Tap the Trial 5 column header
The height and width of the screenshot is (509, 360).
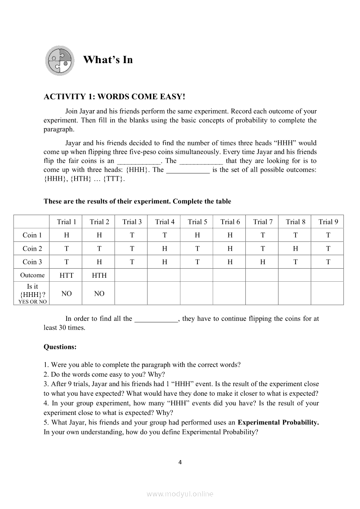[197, 222]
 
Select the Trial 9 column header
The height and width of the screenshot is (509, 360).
[328, 222]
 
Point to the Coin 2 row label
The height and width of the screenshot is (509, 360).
[32, 249]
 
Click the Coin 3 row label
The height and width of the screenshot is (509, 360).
[32, 262]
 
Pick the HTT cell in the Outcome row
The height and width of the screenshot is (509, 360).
[67, 275]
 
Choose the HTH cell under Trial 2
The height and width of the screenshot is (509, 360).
[99, 275]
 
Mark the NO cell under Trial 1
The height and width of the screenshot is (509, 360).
[67, 293]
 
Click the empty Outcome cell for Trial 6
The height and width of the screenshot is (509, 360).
[230, 275]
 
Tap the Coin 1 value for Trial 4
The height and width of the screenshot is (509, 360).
[165, 235]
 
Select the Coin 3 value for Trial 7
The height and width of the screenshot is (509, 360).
[263, 262]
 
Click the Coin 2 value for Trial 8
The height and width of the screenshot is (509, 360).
[295, 249]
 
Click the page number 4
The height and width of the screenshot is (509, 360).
[180, 462]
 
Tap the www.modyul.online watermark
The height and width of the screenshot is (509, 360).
[180, 494]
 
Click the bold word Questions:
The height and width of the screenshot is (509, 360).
[60, 347]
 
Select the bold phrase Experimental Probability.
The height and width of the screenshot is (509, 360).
[278, 422]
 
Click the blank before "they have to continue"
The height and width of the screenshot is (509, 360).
[156, 319]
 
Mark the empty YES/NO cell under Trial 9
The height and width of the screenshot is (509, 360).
[327, 293]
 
